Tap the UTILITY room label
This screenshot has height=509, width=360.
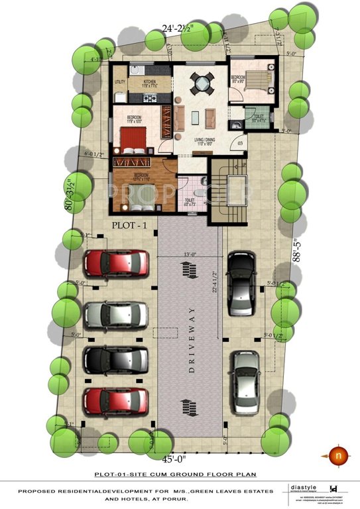click(119, 82)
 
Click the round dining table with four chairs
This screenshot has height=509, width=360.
click(200, 83)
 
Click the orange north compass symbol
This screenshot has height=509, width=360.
click(337, 455)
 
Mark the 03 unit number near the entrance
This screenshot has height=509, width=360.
click(240, 142)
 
